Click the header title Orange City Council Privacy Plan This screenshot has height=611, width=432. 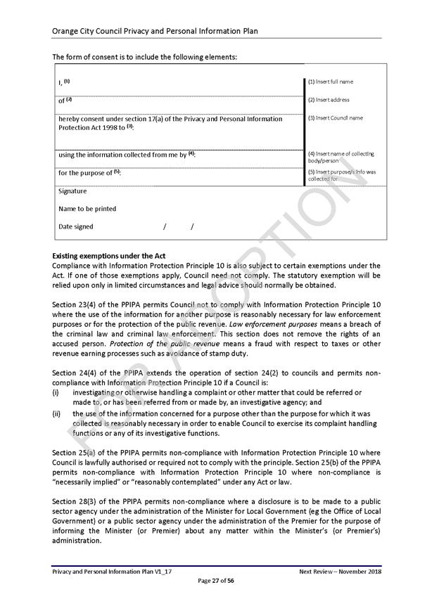[x=155, y=32]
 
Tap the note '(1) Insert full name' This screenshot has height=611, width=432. [x=330, y=82]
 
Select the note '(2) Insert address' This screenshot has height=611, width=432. [x=329, y=100]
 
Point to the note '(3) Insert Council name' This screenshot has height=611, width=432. [x=335, y=118]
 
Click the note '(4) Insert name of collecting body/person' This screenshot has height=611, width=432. [x=341, y=157]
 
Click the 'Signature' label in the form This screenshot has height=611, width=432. [x=72, y=191]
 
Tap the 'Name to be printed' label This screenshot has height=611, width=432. [x=87, y=209]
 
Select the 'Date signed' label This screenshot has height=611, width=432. [x=75, y=226]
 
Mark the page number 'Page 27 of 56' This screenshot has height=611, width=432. [x=215, y=581]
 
